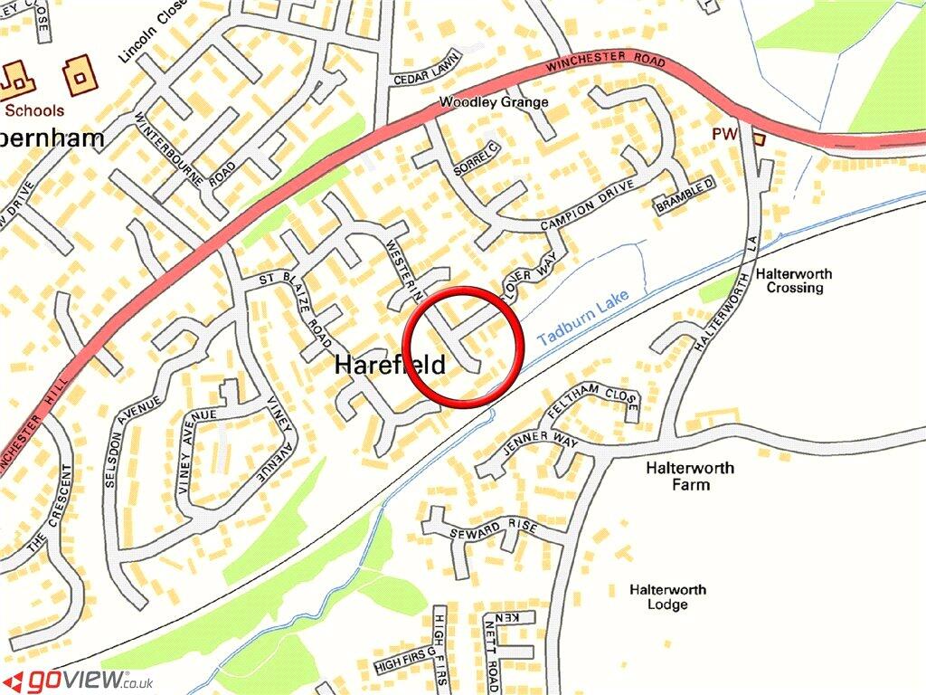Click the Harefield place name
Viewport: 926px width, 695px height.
pos(390,366)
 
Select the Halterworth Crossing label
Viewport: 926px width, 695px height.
pos(795,281)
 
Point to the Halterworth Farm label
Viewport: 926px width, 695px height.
pos(690,476)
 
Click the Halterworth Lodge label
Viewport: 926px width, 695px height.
pos(667,597)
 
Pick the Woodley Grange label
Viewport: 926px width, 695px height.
pos(494,102)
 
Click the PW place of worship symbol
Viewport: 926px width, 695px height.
pos(758,138)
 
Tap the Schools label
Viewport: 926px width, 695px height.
pos(34,110)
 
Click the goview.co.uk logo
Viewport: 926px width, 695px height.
pos(78,680)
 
